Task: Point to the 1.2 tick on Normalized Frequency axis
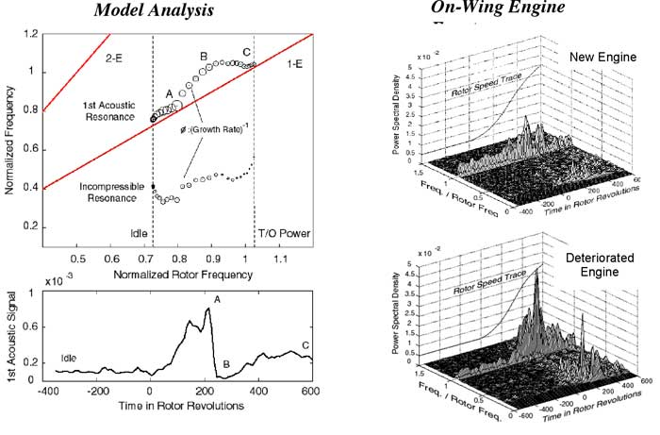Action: coord(31,33)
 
